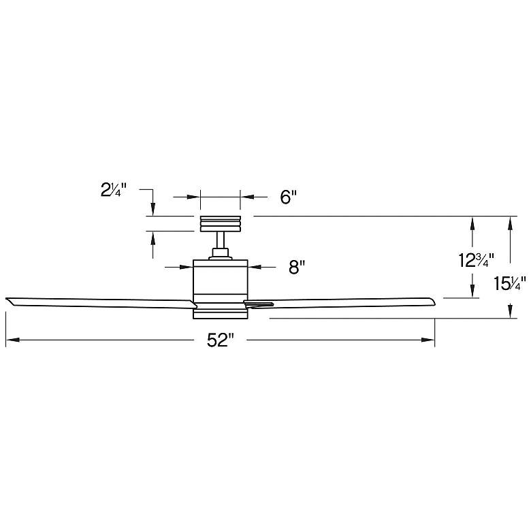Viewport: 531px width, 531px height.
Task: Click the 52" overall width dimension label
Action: (220, 340)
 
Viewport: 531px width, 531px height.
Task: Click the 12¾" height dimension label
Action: (475, 259)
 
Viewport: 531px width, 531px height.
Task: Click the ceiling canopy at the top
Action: (220, 223)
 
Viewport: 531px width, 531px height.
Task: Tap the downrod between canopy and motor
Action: (220, 240)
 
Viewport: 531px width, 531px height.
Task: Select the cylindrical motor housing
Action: (220, 279)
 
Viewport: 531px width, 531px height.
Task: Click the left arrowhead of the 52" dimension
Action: (10, 340)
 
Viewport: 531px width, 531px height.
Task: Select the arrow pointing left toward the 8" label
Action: (254, 268)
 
